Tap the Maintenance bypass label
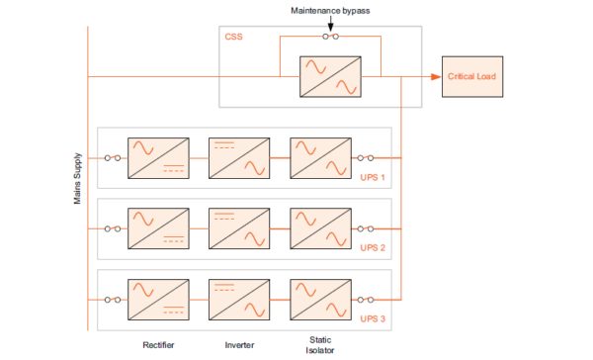pos(331,10)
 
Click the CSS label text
pos(234,38)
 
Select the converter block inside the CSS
pos(330,77)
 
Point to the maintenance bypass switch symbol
pos(331,37)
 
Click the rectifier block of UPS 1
pos(158,158)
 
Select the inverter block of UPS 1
pos(237,158)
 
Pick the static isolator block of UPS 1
pos(318,158)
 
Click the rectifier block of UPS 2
pos(158,228)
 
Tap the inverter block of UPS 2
pos(237,228)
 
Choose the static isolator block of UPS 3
pos(318,300)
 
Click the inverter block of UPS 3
pos(237,300)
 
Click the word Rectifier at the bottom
pos(157,346)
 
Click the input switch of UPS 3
pos(113,300)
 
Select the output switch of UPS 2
pos(366,228)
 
